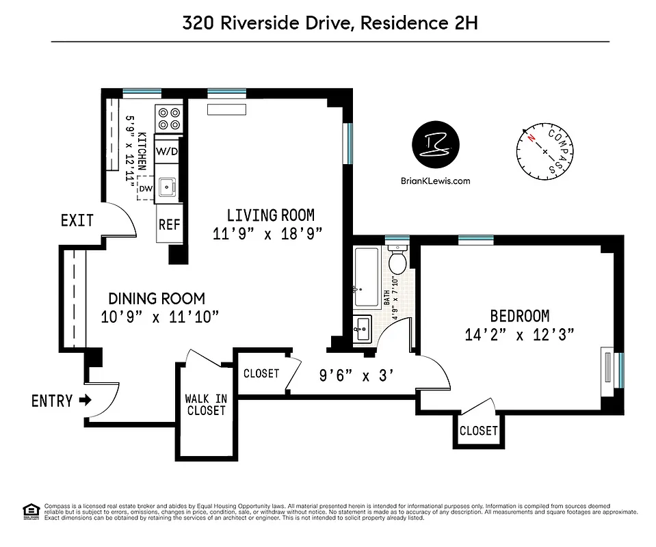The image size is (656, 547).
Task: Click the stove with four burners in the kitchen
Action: [169, 119]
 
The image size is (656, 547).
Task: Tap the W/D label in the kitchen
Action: [168, 151]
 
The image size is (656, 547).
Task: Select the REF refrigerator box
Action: [168, 224]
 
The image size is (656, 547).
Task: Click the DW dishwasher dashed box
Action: [145, 187]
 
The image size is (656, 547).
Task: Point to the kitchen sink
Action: [168, 187]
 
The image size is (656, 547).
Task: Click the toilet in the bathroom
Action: [397, 260]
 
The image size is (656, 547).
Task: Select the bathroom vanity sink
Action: [363, 329]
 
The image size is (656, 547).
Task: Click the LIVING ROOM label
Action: [270, 215]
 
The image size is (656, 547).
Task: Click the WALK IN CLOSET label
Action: [206, 405]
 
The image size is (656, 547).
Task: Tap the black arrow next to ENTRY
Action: [85, 401]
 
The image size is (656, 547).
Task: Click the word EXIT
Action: [77, 221]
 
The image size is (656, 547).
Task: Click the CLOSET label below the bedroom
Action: [479, 431]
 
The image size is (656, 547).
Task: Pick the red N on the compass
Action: [531, 137]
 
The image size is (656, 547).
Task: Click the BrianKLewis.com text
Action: [435, 181]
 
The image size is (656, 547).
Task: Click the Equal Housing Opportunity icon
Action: [30, 510]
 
